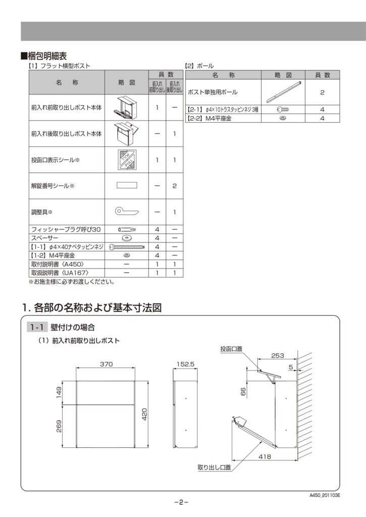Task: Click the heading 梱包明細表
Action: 46,56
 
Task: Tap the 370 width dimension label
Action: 106,364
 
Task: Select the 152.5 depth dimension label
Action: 185,364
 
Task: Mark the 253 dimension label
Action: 277,355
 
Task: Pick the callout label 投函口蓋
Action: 231,349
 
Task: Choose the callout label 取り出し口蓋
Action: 214,468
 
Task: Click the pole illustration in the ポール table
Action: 283,92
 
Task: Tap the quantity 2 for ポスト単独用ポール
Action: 322,93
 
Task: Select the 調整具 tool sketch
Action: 126,211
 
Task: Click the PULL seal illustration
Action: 126,160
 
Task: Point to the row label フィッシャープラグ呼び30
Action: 66,230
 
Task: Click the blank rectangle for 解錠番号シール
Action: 126,185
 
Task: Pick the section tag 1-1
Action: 38,328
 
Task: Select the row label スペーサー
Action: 45,238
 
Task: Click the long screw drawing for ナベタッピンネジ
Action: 127,247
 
